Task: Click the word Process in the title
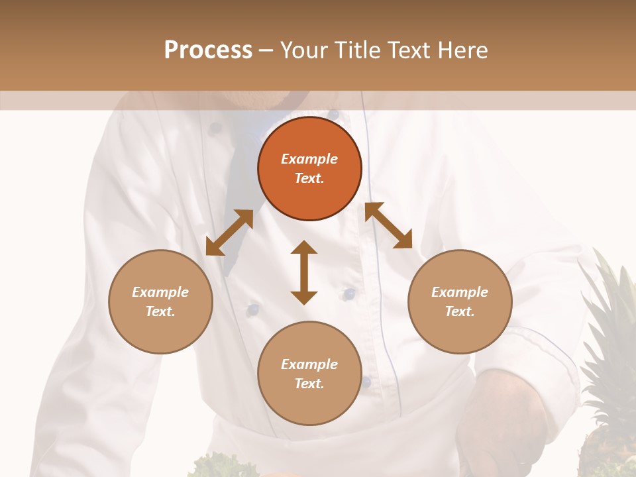[208, 50]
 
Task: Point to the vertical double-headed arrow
[304, 272]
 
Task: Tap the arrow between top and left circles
[229, 233]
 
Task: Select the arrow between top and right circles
[388, 225]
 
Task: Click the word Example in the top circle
[309, 159]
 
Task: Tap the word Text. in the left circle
[160, 311]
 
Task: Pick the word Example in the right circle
[460, 292]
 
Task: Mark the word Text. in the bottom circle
[309, 384]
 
